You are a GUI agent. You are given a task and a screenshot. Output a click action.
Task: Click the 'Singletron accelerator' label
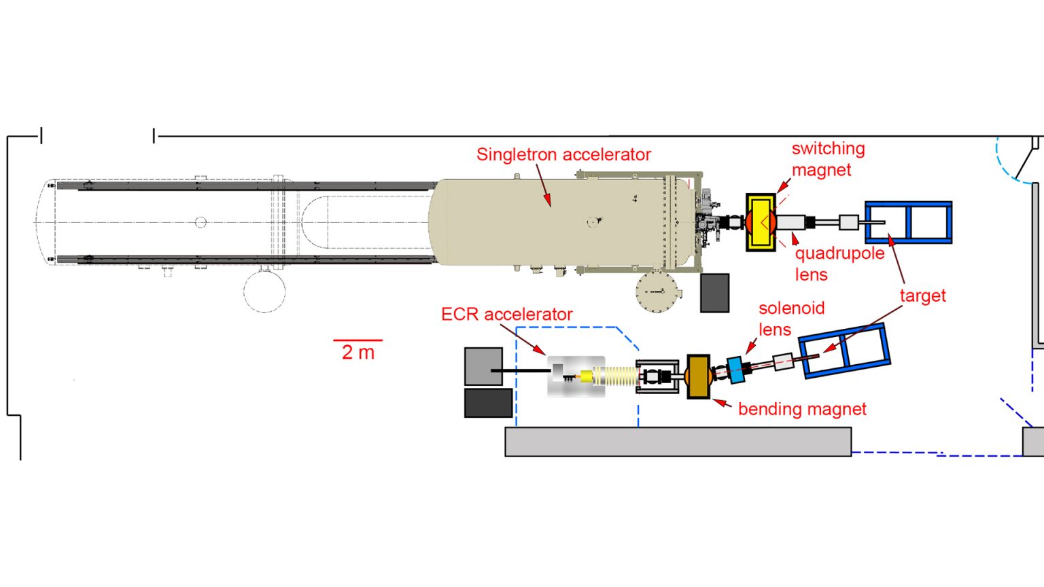(x=563, y=155)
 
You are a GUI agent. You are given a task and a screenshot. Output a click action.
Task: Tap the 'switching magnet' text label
(x=827, y=159)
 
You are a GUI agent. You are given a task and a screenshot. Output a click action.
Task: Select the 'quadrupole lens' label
(x=839, y=264)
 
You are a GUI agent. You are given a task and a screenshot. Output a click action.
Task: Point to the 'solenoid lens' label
(x=790, y=319)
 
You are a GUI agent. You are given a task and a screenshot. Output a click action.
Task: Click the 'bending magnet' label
(x=802, y=409)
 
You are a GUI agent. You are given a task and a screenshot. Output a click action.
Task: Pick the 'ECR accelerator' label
(x=506, y=315)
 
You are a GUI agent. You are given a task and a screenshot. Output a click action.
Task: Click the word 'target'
(x=922, y=296)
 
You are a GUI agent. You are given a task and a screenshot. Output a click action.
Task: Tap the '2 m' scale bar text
(x=358, y=353)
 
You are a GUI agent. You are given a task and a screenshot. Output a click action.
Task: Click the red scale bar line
(x=358, y=340)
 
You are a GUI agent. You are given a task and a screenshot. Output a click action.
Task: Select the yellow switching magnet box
(x=761, y=222)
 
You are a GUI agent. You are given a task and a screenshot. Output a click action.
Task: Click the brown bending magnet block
(x=698, y=376)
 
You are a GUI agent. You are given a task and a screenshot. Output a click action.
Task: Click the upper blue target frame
(x=908, y=222)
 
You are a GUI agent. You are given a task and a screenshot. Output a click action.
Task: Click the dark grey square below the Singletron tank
(x=714, y=293)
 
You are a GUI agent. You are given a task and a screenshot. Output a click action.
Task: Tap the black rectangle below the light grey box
(x=488, y=403)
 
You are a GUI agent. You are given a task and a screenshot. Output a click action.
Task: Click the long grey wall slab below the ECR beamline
(x=678, y=442)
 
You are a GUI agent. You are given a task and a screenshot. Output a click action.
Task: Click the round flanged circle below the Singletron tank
(x=657, y=291)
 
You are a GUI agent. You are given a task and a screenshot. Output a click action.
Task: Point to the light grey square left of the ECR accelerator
(x=483, y=366)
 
